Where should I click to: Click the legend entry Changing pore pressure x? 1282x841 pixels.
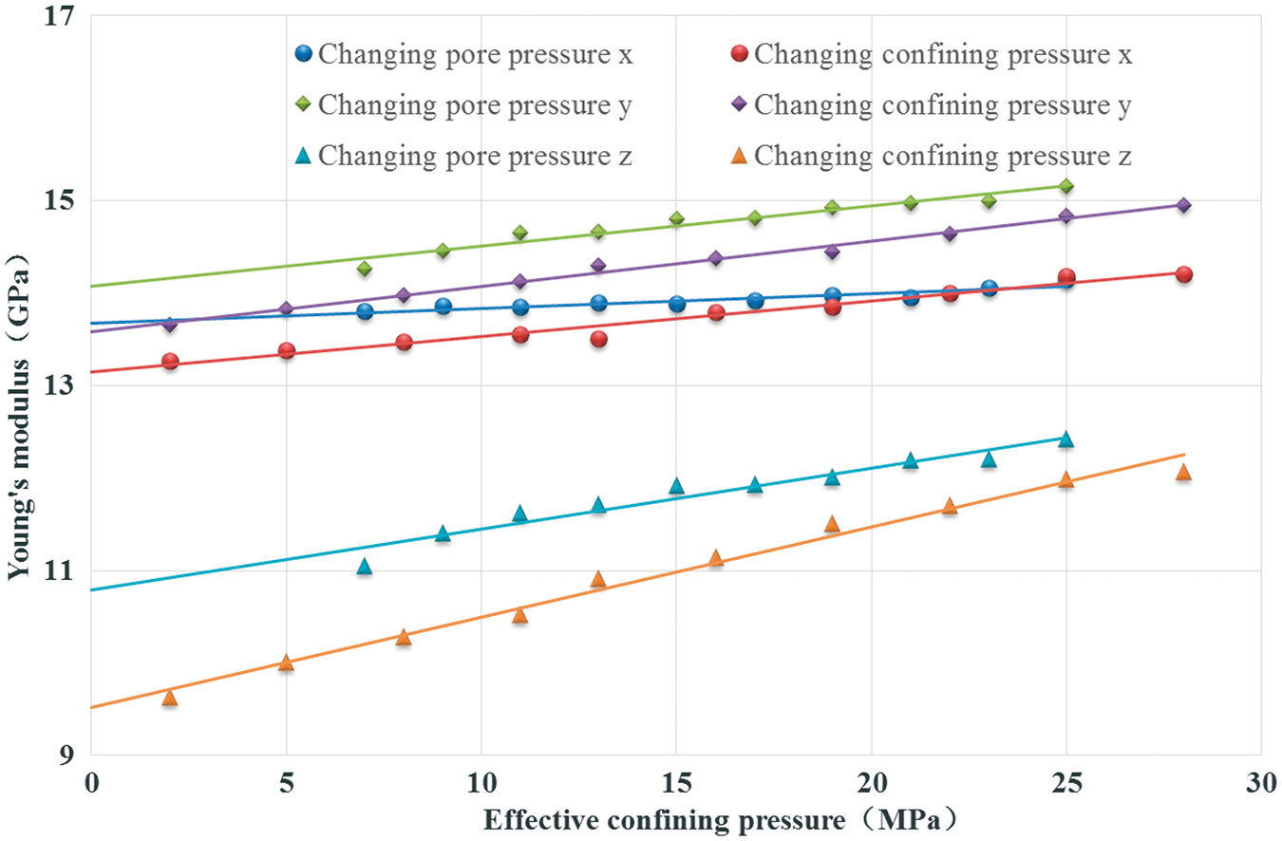[463, 54]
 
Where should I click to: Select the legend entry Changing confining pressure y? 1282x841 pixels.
[932, 105]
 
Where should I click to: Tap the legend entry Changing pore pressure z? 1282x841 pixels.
[463, 156]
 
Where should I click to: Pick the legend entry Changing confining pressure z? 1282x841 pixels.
[932, 156]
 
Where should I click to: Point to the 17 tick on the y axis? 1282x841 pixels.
[60, 15]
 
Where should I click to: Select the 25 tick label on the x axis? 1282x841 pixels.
[1066, 783]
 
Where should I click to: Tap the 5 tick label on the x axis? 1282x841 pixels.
[286, 783]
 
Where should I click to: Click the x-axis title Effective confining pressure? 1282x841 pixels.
[664, 820]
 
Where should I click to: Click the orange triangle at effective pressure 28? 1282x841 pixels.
[1183, 472]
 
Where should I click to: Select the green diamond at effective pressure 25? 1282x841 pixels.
[1066, 186]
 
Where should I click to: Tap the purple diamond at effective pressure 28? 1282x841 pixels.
[1183, 205]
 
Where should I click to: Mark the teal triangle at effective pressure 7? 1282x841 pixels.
[365, 567]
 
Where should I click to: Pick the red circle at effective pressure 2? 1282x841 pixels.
[170, 361]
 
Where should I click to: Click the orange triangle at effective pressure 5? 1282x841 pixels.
[286, 663]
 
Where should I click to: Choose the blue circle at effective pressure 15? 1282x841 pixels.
[677, 304]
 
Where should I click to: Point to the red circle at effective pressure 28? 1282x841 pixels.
[1183, 274]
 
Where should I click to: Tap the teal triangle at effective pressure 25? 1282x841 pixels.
[1065, 439]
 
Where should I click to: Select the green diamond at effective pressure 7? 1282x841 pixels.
[365, 269]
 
